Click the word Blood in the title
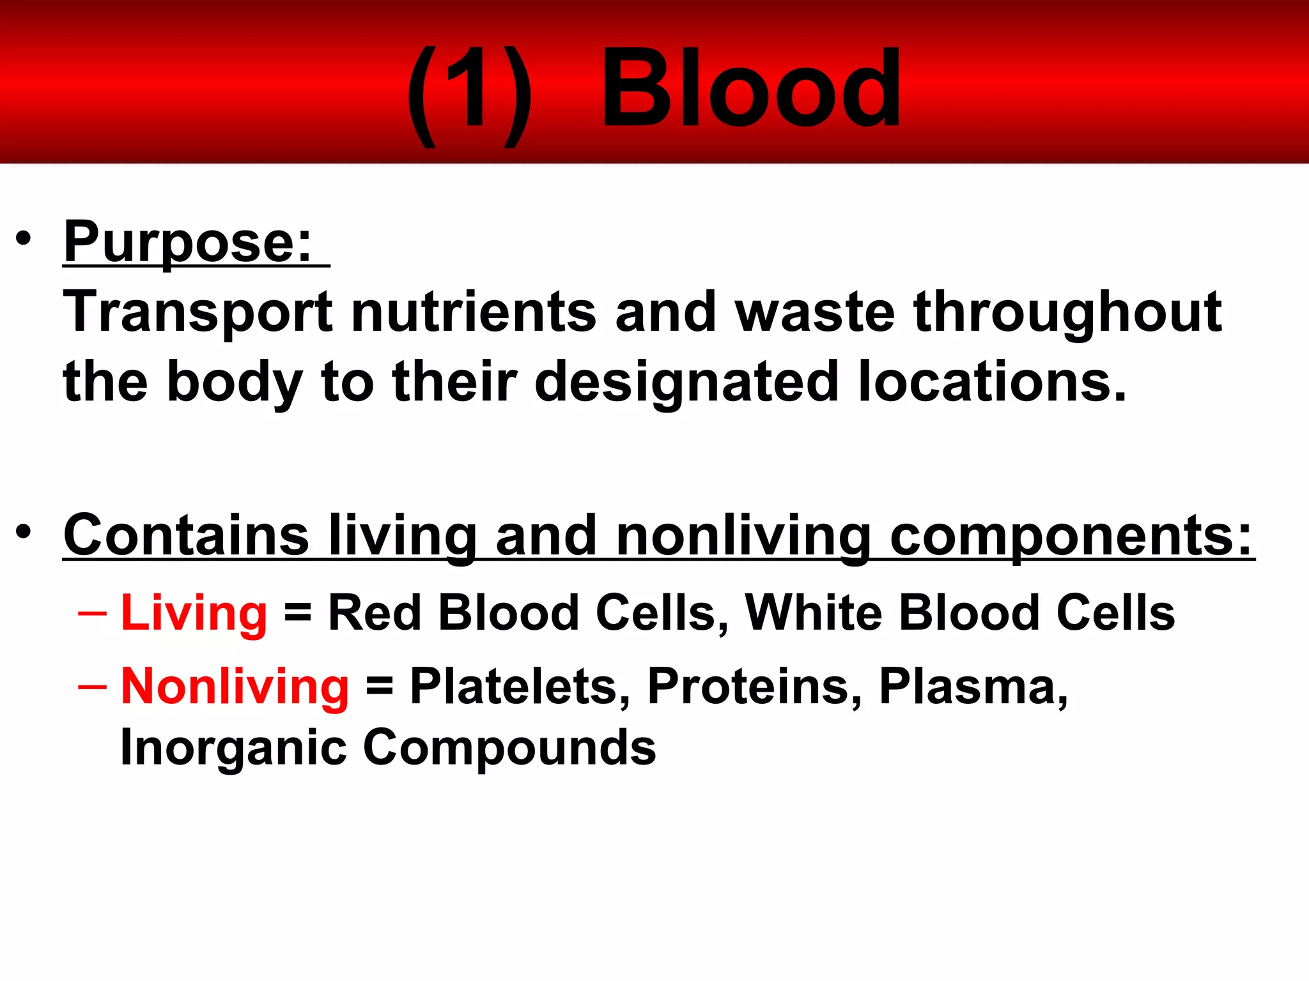pos(751,89)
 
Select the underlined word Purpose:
pos(188,243)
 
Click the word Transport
pos(198,313)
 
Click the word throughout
pos(1067,313)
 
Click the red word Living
pos(194,613)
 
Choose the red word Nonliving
pos(235,687)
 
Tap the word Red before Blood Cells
pos(375,612)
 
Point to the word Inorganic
pos(234,748)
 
